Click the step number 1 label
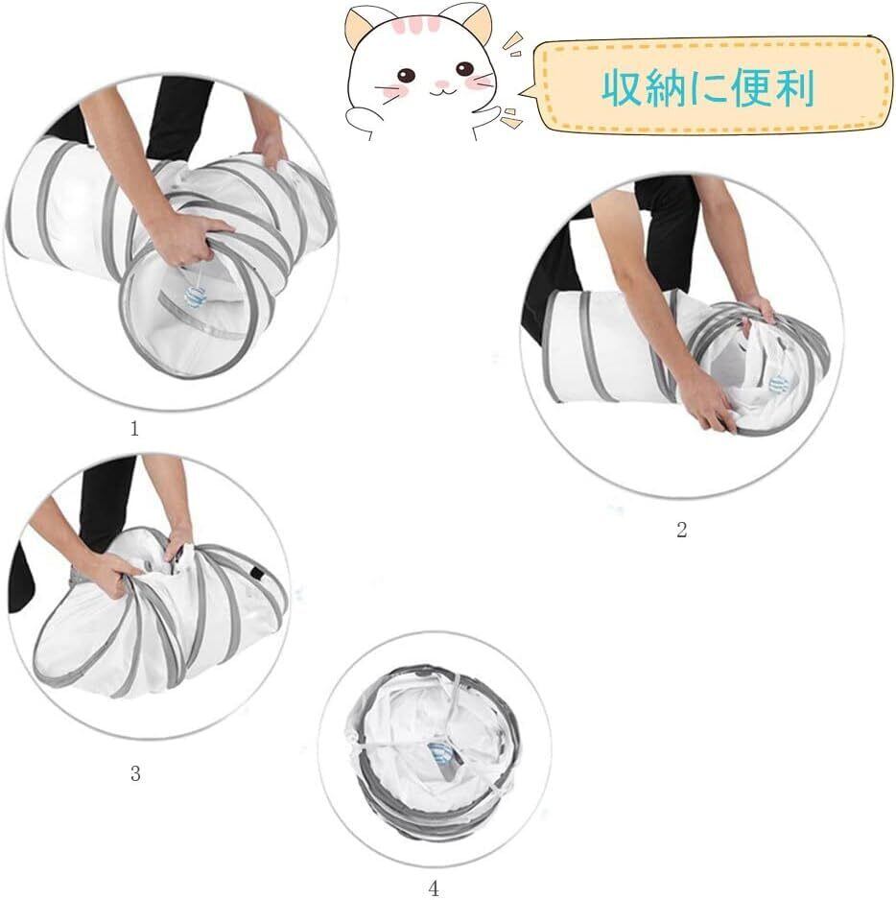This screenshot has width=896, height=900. point(134,429)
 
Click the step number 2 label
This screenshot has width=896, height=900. point(681,530)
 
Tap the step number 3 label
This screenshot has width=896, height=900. point(135,773)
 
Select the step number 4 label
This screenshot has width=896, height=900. point(434,889)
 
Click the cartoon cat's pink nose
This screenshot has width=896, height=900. point(441,84)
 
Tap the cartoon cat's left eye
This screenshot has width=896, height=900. point(407,75)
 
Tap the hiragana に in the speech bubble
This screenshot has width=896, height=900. point(708,89)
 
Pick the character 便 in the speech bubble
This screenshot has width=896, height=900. point(751,88)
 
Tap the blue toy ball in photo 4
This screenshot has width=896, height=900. point(440,753)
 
